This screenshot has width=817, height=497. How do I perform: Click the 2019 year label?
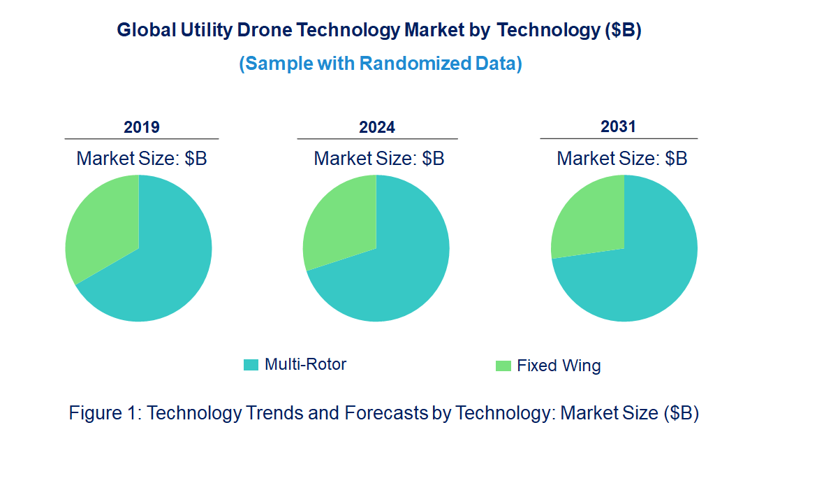pos(142,127)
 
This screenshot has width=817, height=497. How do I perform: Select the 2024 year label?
pos(377,127)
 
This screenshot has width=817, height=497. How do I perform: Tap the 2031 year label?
pos(619,127)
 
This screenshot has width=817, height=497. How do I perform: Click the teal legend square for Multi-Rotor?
pos(251,365)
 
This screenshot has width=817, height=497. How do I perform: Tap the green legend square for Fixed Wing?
pos(503,366)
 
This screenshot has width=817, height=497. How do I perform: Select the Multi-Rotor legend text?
pos(305,364)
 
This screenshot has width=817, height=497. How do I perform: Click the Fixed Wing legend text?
pos(559,366)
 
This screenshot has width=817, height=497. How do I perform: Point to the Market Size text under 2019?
pos(142,159)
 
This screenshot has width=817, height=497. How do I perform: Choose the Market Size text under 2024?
pos(379,159)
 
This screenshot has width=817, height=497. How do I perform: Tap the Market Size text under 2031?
pos(622,159)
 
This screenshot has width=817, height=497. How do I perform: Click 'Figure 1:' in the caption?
pos(105,413)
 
